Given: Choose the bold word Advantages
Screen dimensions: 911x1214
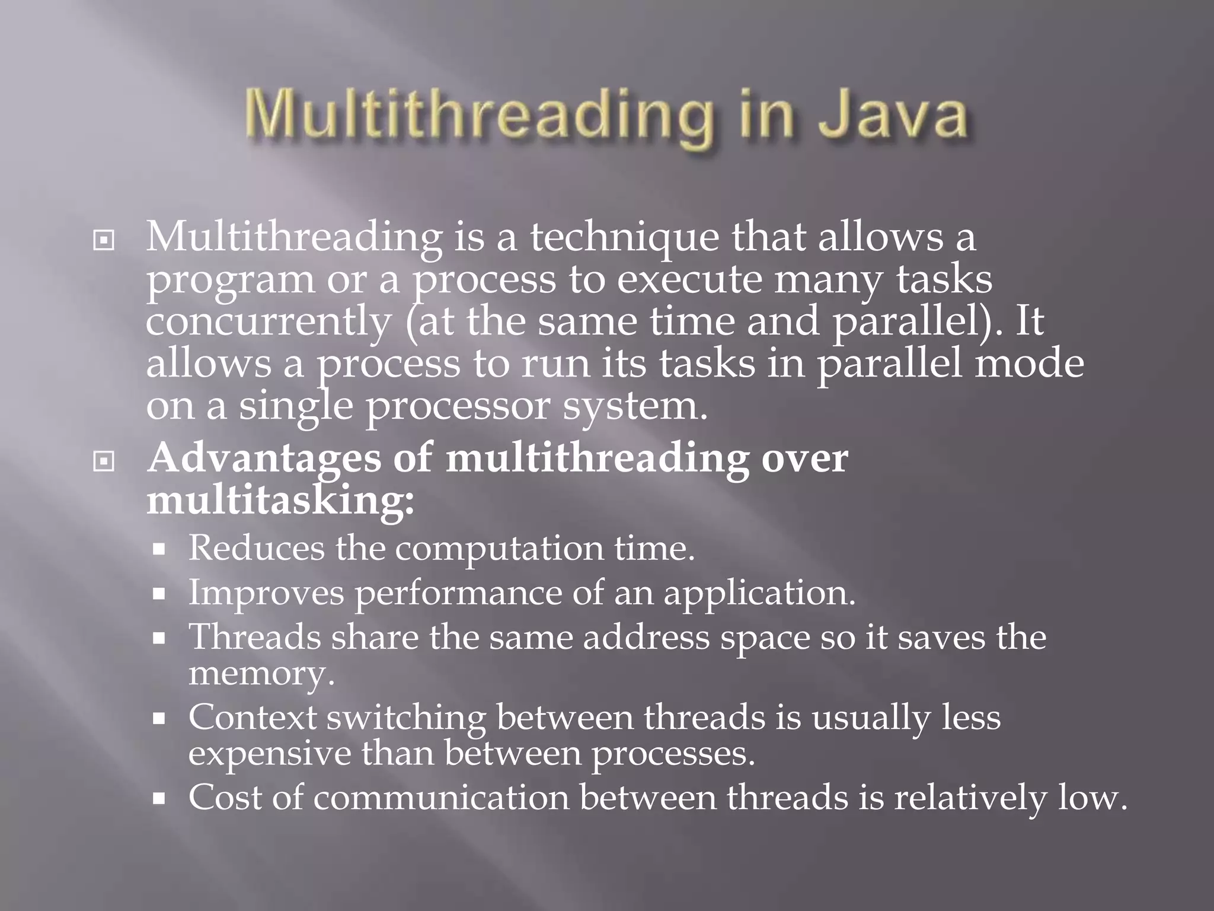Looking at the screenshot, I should (264, 460).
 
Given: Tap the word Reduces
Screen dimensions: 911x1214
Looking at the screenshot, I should (256, 549).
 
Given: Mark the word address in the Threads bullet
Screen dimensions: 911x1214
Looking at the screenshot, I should (646, 638).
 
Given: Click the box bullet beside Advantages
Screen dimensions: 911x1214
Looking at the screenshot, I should (104, 461).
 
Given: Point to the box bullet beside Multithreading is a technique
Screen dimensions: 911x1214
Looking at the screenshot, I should (104, 241).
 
